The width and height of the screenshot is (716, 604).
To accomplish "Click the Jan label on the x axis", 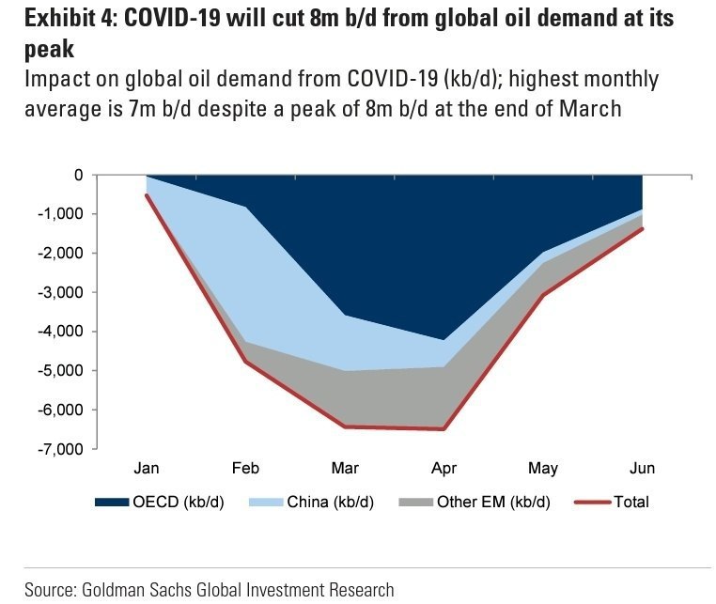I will [x=148, y=468].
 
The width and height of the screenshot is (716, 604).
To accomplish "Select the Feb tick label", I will [x=246, y=468].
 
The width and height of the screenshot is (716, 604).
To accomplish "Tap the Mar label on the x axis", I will [x=345, y=468].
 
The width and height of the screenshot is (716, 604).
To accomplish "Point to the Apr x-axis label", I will [x=444, y=468].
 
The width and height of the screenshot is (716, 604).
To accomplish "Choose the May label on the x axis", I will [x=543, y=468].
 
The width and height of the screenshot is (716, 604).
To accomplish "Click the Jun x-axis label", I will [x=643, y=468].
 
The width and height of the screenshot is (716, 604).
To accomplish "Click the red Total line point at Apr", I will [x=444, y=429].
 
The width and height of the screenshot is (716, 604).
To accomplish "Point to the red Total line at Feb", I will [x=246, y=362].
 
